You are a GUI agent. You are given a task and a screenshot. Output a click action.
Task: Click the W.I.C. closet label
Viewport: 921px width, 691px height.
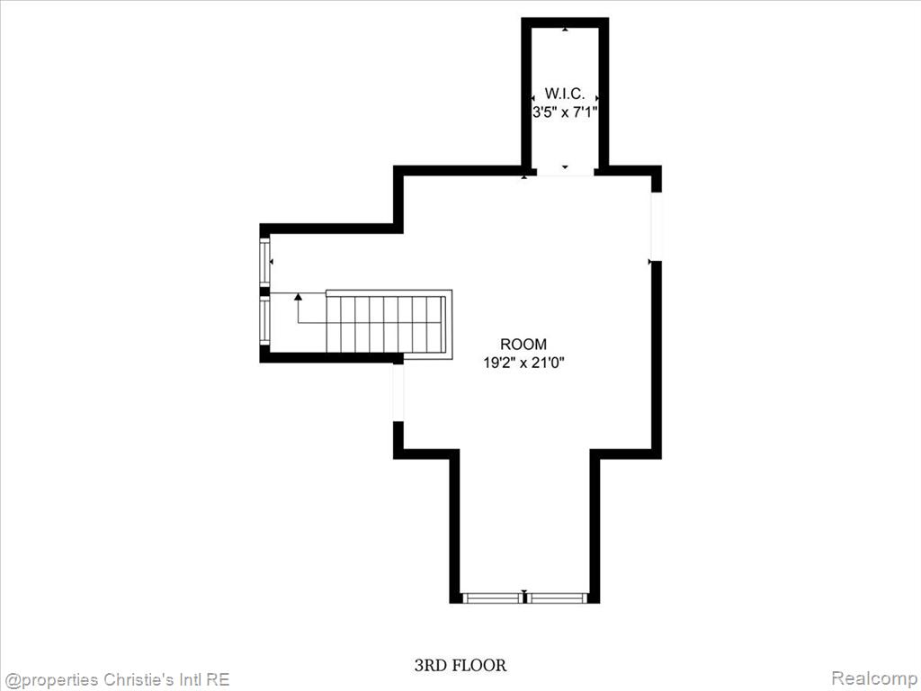565,94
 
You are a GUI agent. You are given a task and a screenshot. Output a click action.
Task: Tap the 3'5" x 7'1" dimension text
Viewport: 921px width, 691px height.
565,112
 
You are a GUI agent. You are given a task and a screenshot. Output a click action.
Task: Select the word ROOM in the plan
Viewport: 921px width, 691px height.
523,344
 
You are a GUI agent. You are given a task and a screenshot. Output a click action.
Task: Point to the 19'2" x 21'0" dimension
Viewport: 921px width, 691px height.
523,363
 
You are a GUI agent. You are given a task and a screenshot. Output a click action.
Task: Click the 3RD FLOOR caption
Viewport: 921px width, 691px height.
460,665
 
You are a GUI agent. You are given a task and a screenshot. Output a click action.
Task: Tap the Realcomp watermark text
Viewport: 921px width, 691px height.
874,678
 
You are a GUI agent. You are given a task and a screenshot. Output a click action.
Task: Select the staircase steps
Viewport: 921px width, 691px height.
385,324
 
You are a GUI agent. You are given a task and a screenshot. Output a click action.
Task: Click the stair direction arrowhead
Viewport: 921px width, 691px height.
298,297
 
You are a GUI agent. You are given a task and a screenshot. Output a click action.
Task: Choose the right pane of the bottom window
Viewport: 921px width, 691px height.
557,598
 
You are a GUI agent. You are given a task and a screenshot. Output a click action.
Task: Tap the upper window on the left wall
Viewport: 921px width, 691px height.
264,262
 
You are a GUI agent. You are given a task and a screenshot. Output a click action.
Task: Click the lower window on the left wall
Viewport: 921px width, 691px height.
264,320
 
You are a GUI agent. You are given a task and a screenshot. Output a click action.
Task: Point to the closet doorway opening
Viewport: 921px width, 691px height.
565,172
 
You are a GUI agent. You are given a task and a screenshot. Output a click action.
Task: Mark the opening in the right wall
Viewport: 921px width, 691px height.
657,227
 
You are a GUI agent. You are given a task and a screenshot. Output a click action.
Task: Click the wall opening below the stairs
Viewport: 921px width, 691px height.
398,392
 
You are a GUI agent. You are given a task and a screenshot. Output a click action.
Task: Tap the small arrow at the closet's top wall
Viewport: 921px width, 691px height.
565,29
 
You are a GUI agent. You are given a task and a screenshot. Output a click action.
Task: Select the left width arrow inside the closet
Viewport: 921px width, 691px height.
533,97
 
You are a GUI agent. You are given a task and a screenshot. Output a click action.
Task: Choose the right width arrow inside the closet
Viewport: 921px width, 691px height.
597,97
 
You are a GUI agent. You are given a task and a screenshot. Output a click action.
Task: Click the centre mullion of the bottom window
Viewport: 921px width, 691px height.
524,597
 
